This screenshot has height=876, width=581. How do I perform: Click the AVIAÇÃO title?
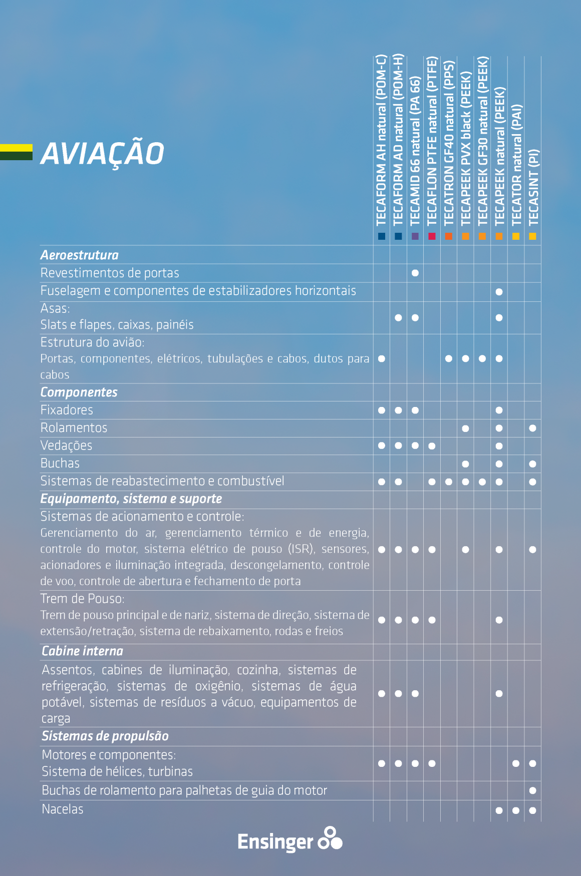[x=102, y=153]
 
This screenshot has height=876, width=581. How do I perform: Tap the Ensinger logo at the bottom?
[x=289, y=839]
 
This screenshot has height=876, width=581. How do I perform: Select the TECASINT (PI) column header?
[x=533, y=187]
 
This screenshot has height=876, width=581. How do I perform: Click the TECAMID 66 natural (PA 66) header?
[x=415, y=150]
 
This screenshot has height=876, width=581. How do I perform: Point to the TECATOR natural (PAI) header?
[x=516, y=165]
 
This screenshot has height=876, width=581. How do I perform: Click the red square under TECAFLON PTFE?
[x=432, y=236]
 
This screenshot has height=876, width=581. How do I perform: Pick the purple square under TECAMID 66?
[x=415, y=236]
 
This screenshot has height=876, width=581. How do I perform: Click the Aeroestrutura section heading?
[x=80, y=255]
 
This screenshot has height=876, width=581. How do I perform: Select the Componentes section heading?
[x=79, y=392]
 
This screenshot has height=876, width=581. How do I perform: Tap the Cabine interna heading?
[x=83, y=651]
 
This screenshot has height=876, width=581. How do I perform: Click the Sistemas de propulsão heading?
[x=105, y=736]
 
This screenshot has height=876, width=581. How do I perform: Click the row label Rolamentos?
[x=74, y=428]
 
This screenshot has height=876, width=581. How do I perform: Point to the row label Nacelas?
[x=63, y=809]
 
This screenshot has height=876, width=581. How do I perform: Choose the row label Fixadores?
[x=67, y=410]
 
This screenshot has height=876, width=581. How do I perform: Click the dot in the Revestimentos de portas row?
[x=415, y=273]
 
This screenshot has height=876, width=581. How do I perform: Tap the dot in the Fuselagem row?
[x=499, y=292]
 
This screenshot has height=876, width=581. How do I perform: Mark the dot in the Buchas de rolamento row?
[x=532, y=791]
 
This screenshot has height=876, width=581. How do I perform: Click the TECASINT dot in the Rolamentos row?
[x=532, y=428]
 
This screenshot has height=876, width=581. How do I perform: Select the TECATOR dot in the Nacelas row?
[x=516, y=810]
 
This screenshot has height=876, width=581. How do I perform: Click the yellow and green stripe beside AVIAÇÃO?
[x=16, y=152]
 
